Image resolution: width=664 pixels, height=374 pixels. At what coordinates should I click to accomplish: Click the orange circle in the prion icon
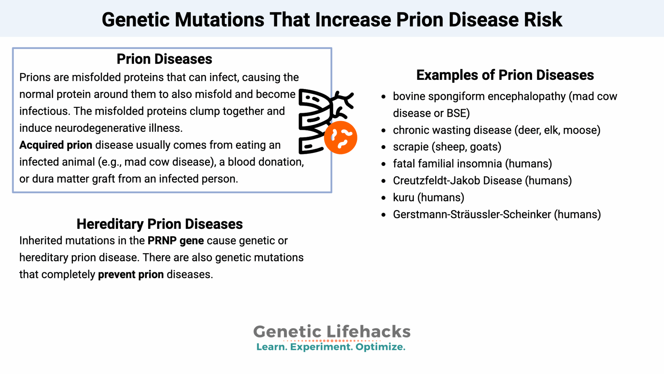click(x=340, y=138)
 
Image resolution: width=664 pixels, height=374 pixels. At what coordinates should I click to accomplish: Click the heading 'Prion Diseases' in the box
click(x=164, y=59)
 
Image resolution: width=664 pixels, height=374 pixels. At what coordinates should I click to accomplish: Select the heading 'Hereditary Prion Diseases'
click(x=160, y=224)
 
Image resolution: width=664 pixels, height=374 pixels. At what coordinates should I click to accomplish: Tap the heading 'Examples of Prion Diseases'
click(x=505, y=75)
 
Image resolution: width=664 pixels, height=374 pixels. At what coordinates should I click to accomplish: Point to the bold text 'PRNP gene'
click(x=176, y=241)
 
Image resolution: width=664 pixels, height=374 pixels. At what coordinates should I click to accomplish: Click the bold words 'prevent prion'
click(x=131, y=274)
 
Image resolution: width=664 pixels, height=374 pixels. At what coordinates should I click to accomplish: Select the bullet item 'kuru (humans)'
click(x=428, y=197)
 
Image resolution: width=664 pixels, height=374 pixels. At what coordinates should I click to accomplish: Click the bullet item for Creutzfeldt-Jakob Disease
click(x=482, y=181)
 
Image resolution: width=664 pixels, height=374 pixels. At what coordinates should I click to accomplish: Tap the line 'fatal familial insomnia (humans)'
click(x=472, y=164)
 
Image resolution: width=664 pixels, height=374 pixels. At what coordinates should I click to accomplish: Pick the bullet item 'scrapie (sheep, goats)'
click(x=447, y=147)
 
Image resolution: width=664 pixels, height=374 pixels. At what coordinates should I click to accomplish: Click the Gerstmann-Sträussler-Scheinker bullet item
click(x=497, y=214)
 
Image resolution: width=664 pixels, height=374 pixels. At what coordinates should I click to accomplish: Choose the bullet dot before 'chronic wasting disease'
click(x=384, y=131)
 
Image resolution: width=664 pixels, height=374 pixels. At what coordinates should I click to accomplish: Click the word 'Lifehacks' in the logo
click(x=368, y=332)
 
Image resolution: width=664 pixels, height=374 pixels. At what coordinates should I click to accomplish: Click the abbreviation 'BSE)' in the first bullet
click(x=458, y=113)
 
